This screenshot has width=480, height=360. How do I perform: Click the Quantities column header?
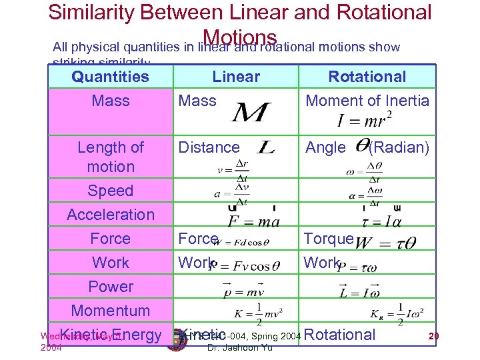point(111,77)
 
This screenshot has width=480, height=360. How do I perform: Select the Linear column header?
point(236,77)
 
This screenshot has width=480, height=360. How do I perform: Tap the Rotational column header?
point(367,77)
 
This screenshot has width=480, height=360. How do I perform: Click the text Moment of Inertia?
point(367,101)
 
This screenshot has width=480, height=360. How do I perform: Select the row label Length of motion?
point(111,157)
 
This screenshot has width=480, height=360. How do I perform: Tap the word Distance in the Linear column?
point(208,147)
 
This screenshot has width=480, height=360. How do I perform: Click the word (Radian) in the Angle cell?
point(399,147)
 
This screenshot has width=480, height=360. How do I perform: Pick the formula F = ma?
point(253,221)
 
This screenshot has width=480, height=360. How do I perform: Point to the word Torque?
point(328,239)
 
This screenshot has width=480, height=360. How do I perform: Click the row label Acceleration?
point(111,215)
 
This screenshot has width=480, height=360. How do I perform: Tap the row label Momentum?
point(111,311)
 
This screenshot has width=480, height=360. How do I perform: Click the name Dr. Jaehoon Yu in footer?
point(237,347)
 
